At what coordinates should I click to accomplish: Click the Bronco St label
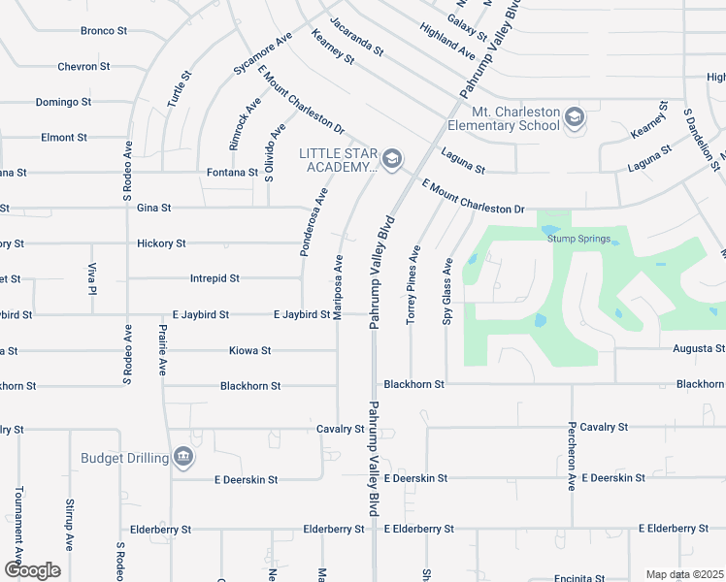[104, 31]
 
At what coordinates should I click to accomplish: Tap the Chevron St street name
[104, 67]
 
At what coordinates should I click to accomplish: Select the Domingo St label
[63, 102]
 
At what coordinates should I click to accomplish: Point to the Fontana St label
[232, 173]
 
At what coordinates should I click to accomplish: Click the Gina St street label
[154, 208]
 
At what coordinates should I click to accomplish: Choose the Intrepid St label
[214, 278]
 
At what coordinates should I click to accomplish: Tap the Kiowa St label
[249, 350]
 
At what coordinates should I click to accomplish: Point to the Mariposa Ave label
[339, 287]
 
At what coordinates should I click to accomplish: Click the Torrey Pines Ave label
[414, 285]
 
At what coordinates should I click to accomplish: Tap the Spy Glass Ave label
[448, 291]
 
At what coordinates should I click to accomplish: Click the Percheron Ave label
[573, 455]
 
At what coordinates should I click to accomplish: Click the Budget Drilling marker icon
[182, 457]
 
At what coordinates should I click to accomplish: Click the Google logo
[32, 570]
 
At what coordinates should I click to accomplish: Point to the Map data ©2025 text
[683, 574]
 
